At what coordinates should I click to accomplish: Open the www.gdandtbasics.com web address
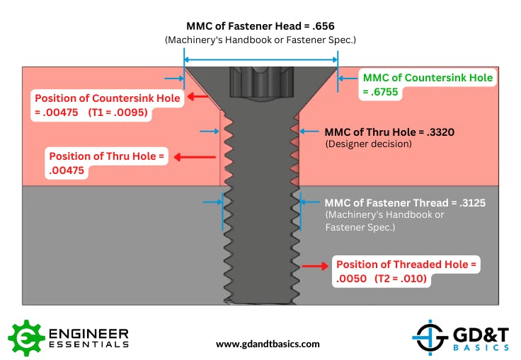pyautogui.click(x=268, y=344)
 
